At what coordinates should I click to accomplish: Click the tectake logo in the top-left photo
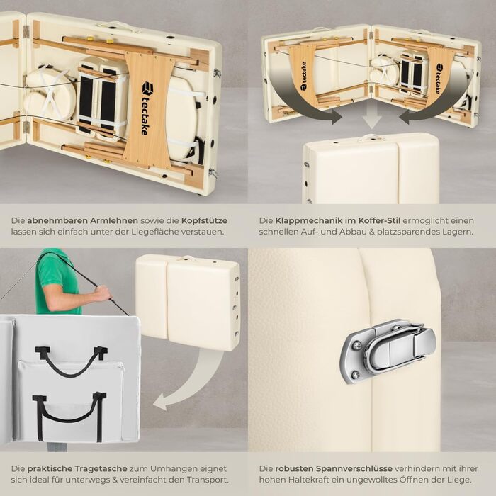coord(145,108)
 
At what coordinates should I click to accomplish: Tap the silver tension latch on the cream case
coord(388,351)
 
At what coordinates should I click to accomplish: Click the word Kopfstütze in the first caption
coord(204,220)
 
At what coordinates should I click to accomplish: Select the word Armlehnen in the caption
coord(115,220)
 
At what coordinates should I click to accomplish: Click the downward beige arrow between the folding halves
coord(372,118)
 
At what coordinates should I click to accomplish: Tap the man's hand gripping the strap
coord(103,293)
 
